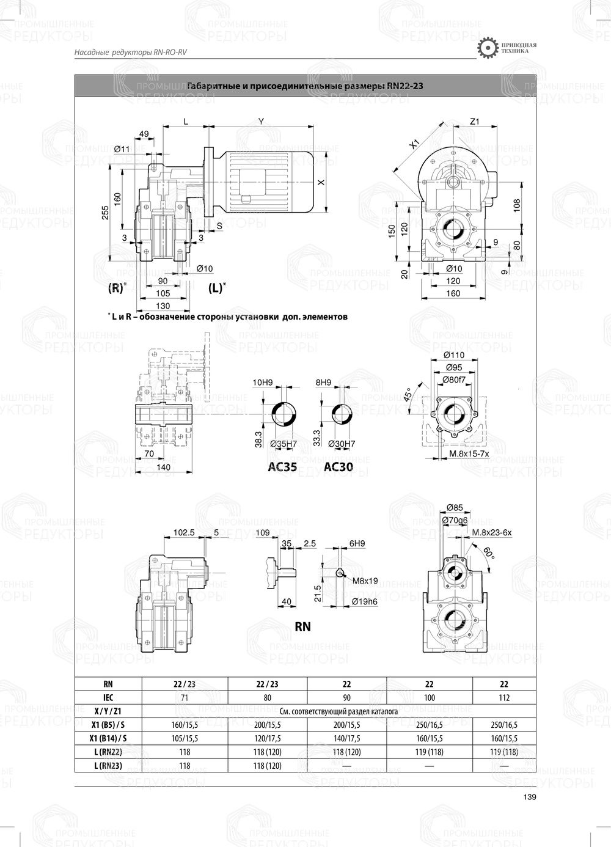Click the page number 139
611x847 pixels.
coord(530,796)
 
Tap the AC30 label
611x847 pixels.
coord(338,468)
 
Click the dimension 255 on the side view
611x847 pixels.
coord(105,211)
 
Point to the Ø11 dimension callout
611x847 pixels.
coord(123,148)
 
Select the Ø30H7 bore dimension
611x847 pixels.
coord(342,444)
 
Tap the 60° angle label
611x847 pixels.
coord(489,553)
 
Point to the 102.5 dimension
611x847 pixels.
coord(183,532)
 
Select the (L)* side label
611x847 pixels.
coord(217,288)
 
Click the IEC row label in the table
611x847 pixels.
coord(108,698)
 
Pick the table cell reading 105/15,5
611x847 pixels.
coord(185,738)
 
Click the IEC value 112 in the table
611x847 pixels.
coord(503,698)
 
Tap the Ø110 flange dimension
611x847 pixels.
coord(454,355)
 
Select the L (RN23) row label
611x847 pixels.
coord(108,765)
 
